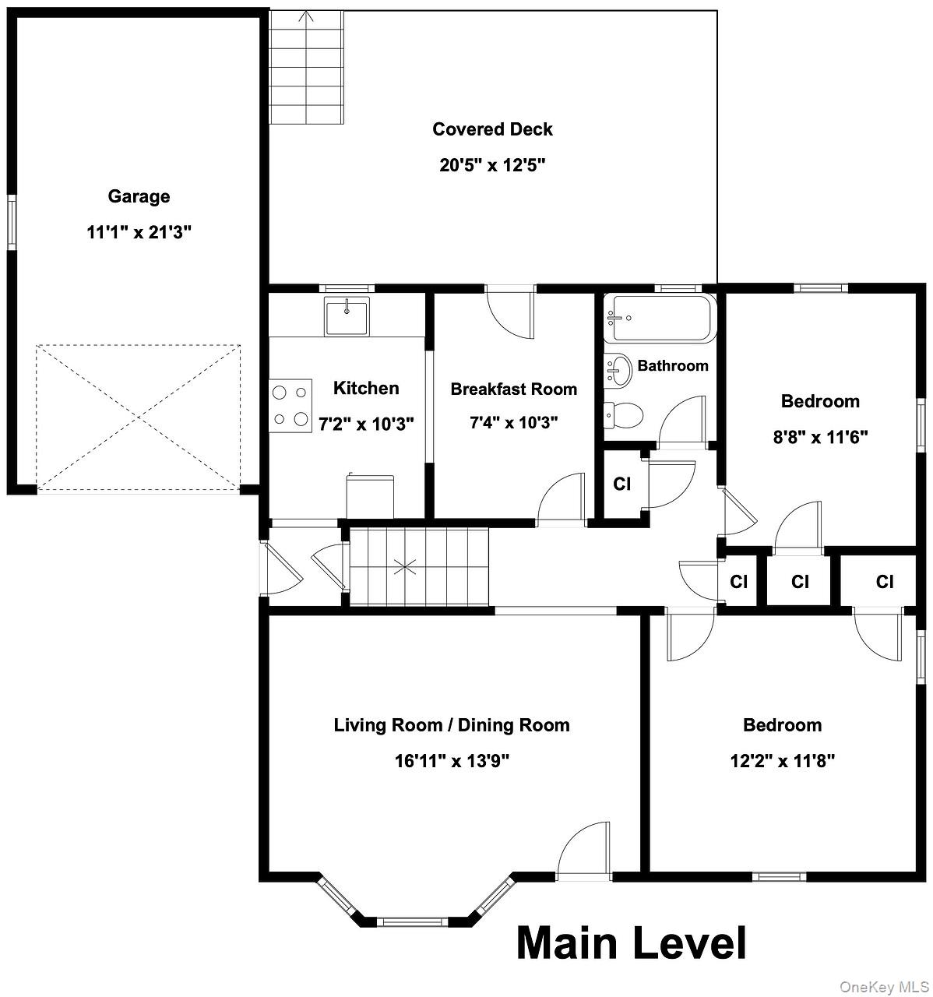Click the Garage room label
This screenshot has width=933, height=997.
tap(139, 196)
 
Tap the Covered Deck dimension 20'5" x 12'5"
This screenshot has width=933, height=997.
tap(492, 165)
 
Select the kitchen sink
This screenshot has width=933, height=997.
tap(347, 317)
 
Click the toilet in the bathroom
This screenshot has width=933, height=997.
tap(623, 414)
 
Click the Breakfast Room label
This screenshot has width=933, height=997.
tap(513, 389)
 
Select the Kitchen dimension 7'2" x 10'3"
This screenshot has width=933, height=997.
tap(366, 424)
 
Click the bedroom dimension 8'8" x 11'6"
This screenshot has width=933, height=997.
tap(820, 437)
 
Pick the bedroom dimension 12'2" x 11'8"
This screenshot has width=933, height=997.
tap(782, 761)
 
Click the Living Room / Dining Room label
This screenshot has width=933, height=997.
tap(452, 725)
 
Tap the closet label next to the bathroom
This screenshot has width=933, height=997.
tap(621, 484)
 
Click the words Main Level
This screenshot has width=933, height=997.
tap(631, 942)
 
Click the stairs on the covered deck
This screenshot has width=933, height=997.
tap(306, 69)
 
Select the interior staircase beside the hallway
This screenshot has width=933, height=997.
tap(418, 566)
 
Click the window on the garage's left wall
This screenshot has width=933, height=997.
tap(12, 222)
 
